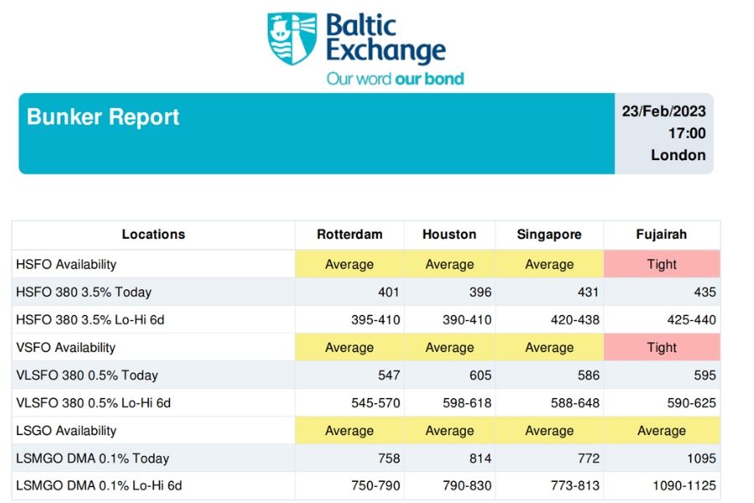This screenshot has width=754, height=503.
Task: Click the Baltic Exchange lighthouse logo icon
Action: [292, 39]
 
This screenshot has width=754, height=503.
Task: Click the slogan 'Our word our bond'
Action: [395, 79]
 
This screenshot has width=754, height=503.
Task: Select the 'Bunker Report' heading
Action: [103, 117]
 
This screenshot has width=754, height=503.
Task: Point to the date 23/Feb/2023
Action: [664, 111]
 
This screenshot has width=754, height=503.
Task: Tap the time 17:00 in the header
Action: [686, 133]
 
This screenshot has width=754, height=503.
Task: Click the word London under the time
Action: [678, 155]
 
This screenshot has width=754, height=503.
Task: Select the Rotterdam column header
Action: [349, 235]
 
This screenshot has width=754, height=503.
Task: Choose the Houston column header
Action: [449, 235]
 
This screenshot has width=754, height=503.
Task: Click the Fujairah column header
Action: [661, 235]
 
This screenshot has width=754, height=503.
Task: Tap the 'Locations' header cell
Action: [153, 235]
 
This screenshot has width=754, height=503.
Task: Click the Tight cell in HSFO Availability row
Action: [661, 264]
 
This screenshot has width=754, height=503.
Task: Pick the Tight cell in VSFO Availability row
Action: [661, 347]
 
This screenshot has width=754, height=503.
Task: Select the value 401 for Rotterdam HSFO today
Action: [388, 293]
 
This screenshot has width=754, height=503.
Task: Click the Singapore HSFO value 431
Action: [588, 293]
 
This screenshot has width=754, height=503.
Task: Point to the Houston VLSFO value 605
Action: [480, 376]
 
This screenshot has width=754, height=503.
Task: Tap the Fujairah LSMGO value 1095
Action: [700, 459]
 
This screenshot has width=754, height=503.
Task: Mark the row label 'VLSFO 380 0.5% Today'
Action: [87, 376]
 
